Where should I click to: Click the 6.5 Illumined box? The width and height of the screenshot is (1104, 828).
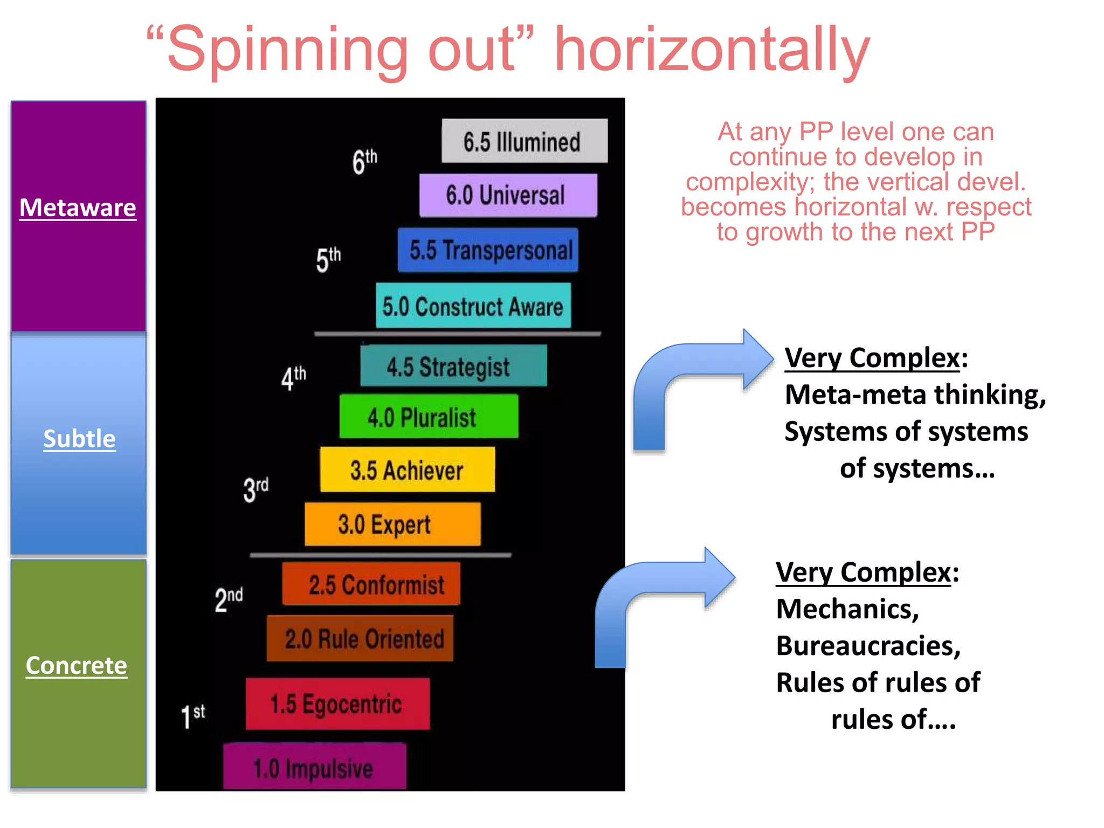[x=524, y=141]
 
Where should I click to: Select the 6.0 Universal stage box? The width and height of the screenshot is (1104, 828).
[x=508, y=195]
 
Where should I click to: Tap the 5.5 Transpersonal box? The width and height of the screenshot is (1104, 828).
[x=488, y=250]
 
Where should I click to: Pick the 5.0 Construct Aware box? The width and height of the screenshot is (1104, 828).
[x=473, y=306]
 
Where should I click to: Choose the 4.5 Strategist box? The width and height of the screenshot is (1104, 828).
[x=453, y=366]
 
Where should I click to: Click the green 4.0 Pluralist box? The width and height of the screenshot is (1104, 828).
[x=429, y=417]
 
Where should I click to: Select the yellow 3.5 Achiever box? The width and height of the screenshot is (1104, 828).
[x=407, y=470]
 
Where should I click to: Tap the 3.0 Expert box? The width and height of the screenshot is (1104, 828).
[x=392, y=524]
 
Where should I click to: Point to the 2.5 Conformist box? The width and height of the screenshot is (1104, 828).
[x=371, y=584]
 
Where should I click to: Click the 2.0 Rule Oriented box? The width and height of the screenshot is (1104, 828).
[x=360, y=639]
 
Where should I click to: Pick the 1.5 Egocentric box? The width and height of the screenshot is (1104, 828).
[x=337, y=704]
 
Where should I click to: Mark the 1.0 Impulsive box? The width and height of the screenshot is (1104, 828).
[x=314, y=767]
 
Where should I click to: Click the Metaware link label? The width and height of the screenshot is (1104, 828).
[x=78, y=208]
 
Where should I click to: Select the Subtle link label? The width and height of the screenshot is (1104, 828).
[x=79, y=439]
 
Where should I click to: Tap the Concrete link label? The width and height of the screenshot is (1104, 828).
[x=77, y=666]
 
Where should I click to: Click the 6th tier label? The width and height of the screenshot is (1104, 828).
[x=365, y=161]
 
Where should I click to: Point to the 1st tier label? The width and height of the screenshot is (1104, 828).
[x=193, y=716]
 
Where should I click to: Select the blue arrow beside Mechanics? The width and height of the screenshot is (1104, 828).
[x=658, y=601]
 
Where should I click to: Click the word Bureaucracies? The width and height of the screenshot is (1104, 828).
[x=868, y=646]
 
